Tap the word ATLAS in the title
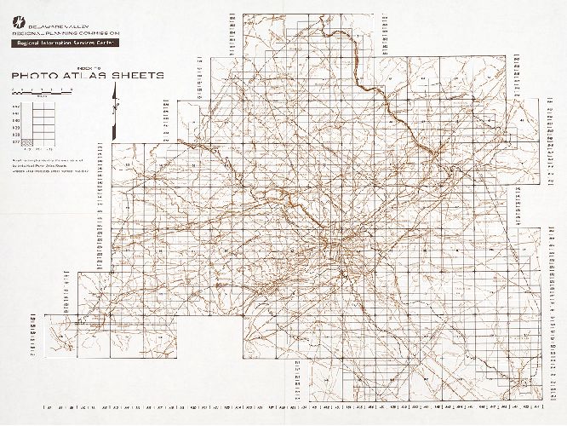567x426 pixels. coord(89,76)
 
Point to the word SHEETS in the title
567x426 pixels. coord(138,76)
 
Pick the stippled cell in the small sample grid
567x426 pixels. coord(26,141)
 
